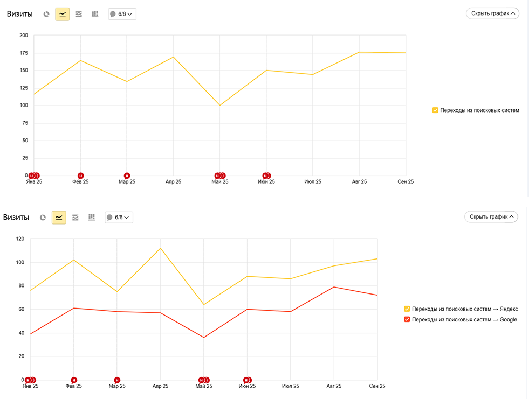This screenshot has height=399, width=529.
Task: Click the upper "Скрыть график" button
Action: (x=492, y=13)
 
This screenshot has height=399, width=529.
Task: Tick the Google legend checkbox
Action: (x=407, y=319)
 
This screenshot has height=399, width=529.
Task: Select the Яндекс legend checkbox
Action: (x=407, y=309)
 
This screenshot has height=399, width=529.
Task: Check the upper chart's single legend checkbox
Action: (x=435, y=110)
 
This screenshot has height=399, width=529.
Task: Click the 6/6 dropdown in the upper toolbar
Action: (x=122, y=14)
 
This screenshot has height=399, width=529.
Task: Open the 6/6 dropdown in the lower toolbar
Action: (x=119, y=218)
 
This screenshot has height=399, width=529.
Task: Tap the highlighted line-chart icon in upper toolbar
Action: (x=63, y=14)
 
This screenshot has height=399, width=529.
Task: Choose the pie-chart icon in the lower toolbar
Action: (x=43, y=218)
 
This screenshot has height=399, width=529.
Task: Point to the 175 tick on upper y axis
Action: (x=24, y=53)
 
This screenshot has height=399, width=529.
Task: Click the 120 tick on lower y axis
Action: (x=20, y=239)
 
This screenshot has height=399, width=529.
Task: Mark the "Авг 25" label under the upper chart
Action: (x=359, y=182)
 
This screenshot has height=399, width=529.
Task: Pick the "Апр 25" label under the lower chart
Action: (x=160, y=386)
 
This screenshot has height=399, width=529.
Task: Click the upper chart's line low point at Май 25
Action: (x=219, y=105)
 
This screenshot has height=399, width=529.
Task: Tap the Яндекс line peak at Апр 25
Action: (x=160, y=248)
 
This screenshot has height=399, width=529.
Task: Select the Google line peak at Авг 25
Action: (x=334, y=287)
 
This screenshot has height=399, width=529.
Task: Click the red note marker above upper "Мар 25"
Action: (x=127, y=176)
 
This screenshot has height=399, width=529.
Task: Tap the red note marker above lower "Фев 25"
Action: (x=74, y=380)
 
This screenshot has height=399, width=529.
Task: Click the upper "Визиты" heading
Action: (x=20, y=14)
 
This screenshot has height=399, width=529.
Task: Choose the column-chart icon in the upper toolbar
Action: (x=95, y=14)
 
